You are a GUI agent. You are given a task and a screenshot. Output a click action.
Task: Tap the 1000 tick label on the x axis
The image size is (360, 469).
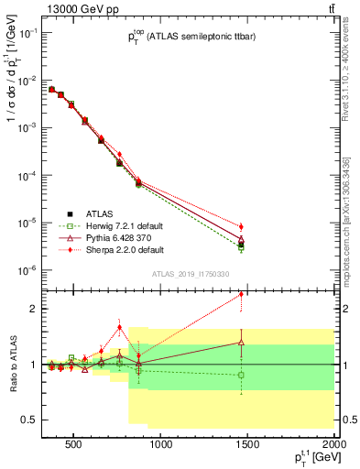pyautogui.click(x=161, y=446)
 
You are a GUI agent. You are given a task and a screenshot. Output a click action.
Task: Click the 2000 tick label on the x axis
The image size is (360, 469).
pyautogui.click(x=333, y=446)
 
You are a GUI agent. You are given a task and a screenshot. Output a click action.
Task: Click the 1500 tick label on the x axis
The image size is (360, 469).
pyautogui.click(x=247, y=446)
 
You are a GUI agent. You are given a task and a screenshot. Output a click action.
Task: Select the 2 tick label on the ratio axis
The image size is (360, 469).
pyautogui.click(x=30, y=309)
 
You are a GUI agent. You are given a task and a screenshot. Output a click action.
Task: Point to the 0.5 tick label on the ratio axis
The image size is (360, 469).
pyautogui.click(x=27, y=420)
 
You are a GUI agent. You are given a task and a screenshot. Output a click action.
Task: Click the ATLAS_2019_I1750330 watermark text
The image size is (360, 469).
pyautogui.click(x=191, y=275)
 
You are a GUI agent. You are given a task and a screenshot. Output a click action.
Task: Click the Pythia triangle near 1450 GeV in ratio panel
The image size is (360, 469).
pyautogui.click(x=241, y=343)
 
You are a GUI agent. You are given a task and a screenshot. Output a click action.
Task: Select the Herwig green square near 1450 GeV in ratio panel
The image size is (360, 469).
pyautogui.click(x=241, y=375)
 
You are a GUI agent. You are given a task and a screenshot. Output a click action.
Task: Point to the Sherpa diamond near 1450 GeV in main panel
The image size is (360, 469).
pyautogui.click(x=241, y=226)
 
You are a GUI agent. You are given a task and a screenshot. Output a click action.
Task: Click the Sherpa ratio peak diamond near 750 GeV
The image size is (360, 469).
pyautogui.click(x=119, y=327)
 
